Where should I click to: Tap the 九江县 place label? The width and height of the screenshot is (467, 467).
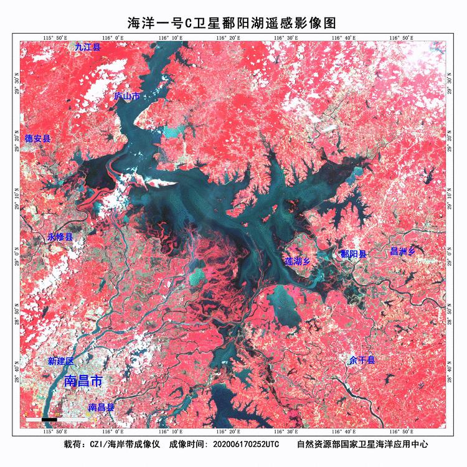click(88, 47)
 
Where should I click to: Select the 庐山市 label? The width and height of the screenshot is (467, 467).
click(127, 97)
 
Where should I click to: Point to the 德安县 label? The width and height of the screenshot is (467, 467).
click(37, 139)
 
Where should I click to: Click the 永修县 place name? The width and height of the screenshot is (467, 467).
click(60, 237)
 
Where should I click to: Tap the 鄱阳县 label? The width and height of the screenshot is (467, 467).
click(353, 254)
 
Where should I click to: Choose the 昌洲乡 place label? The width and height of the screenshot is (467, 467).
click(402, 252)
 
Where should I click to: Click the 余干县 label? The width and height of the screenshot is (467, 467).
click(362, 361)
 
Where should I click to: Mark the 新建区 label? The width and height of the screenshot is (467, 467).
click(61, 361)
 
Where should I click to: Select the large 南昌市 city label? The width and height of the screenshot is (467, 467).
click(84, 380)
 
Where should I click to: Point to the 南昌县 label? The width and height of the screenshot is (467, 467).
click(101, 407)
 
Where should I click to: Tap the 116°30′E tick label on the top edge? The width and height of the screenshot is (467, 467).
click(286, 38)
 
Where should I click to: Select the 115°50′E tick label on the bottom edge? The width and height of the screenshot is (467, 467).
click(55, 430)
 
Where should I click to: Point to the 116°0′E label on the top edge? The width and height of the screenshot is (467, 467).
click(113, 38)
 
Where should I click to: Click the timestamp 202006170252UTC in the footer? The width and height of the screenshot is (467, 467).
click(246, 445)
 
